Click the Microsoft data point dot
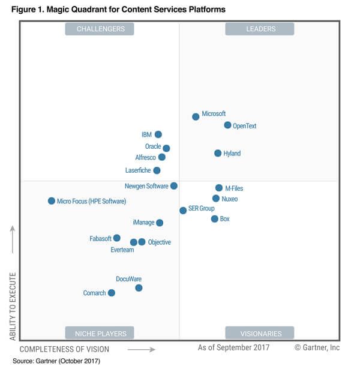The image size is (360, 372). point(196,116)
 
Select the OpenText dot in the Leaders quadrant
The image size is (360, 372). point(227,125)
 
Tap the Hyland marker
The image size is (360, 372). point(218,153)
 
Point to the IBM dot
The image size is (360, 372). point(158,134)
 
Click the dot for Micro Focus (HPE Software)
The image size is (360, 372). point(52,201)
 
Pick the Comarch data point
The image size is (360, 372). point(111,293)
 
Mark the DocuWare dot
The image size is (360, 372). point(139,288)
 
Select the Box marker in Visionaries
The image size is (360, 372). point(214,219)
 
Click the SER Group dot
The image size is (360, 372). point(183,210)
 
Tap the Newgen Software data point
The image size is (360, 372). point(174,186)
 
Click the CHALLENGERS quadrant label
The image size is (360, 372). point(100,29)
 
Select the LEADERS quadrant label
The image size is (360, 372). point(259,29)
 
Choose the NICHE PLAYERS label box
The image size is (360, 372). point(100,333)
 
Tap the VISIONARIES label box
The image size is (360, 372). point(259,333)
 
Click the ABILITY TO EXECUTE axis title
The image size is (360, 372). point(13,306)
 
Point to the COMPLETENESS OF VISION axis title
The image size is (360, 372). point(65,349)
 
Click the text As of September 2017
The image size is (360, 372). point(233,347)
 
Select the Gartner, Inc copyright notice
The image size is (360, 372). point(317,347)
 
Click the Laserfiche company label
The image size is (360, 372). point(138,170)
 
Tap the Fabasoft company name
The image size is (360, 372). point(100,238)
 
